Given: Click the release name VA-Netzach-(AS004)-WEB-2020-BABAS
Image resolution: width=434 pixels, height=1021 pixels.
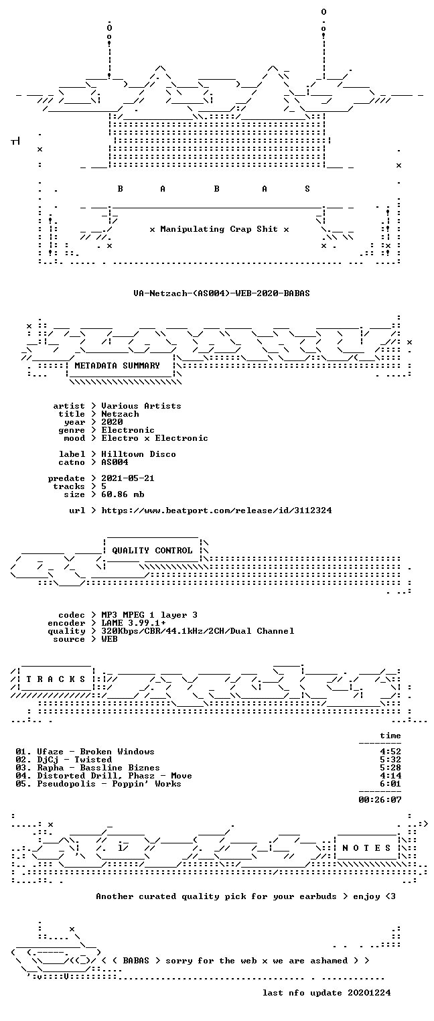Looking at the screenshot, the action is click(222, 293).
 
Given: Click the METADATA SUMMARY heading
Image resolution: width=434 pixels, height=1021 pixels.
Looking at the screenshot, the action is click(117, 366).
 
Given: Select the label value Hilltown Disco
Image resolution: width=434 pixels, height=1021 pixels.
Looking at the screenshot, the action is click(139, 454).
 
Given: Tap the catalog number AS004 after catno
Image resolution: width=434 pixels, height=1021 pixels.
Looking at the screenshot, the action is click(115, 462).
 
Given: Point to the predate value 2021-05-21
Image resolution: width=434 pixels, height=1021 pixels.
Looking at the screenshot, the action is click(128, 478).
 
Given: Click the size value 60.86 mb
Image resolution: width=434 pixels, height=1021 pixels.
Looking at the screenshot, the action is click(123, 494).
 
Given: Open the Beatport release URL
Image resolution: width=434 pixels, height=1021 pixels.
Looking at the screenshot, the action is click(216, 510).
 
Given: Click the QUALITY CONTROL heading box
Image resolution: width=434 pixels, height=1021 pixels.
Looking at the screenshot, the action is click(152, 551).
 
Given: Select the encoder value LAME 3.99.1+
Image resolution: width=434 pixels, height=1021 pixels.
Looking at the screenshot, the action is click(133, 623).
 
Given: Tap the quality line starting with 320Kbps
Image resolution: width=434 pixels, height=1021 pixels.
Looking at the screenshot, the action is click(198, 631).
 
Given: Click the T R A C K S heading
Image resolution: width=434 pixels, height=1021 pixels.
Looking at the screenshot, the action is click(56, 679).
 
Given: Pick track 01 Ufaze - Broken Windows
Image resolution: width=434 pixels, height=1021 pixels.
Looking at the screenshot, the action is click(85, 752).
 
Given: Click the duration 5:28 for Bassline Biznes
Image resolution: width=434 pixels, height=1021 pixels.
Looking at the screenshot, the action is click(390, 768).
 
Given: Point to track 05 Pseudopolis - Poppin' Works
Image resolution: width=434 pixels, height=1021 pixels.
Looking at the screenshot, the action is click(98, 784).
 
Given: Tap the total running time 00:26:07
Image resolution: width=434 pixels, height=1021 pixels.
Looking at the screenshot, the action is click(380, 800).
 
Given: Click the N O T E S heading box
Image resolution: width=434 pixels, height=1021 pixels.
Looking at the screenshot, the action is click(366, 847).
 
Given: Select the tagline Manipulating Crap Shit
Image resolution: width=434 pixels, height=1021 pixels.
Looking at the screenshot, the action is click(219, 229).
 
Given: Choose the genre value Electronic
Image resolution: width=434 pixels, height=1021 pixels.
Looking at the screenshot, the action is click(128, 430).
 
